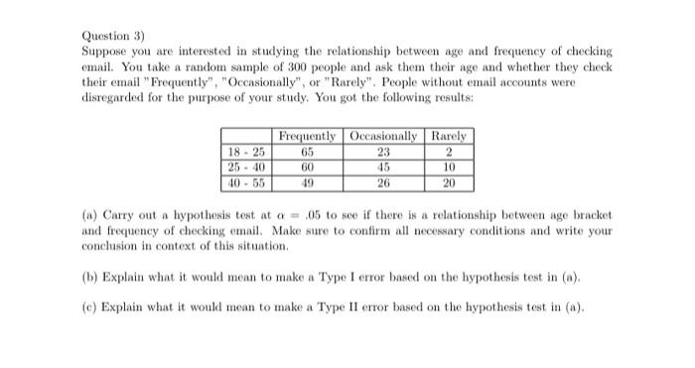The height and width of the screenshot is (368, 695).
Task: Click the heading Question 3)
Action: [108, 34]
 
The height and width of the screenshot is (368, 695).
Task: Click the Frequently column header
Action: [308, 136]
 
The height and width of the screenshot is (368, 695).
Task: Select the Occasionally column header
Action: [383, 136]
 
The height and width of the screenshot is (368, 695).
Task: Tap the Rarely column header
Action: [449, 136]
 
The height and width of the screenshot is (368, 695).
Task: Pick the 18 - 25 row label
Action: [246, 152]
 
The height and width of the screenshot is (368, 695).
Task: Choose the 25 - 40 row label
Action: [246, 167]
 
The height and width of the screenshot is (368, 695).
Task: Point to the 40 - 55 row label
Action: [246, 183]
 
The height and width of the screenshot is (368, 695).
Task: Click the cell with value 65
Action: [308, 152]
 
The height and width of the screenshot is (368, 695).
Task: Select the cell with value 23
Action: [383, 152]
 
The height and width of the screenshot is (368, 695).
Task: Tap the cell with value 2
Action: [449, 152]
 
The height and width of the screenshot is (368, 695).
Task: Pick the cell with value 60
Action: [308, 167]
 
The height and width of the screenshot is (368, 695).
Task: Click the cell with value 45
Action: [383, 167]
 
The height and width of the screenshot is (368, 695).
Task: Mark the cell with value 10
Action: [449, 167]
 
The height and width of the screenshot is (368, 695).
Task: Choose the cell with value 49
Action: [308, 183]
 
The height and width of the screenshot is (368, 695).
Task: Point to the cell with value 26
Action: [383, 183]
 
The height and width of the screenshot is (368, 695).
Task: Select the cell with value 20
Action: [449, 183]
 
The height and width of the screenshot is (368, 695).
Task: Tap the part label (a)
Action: [89, 214]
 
